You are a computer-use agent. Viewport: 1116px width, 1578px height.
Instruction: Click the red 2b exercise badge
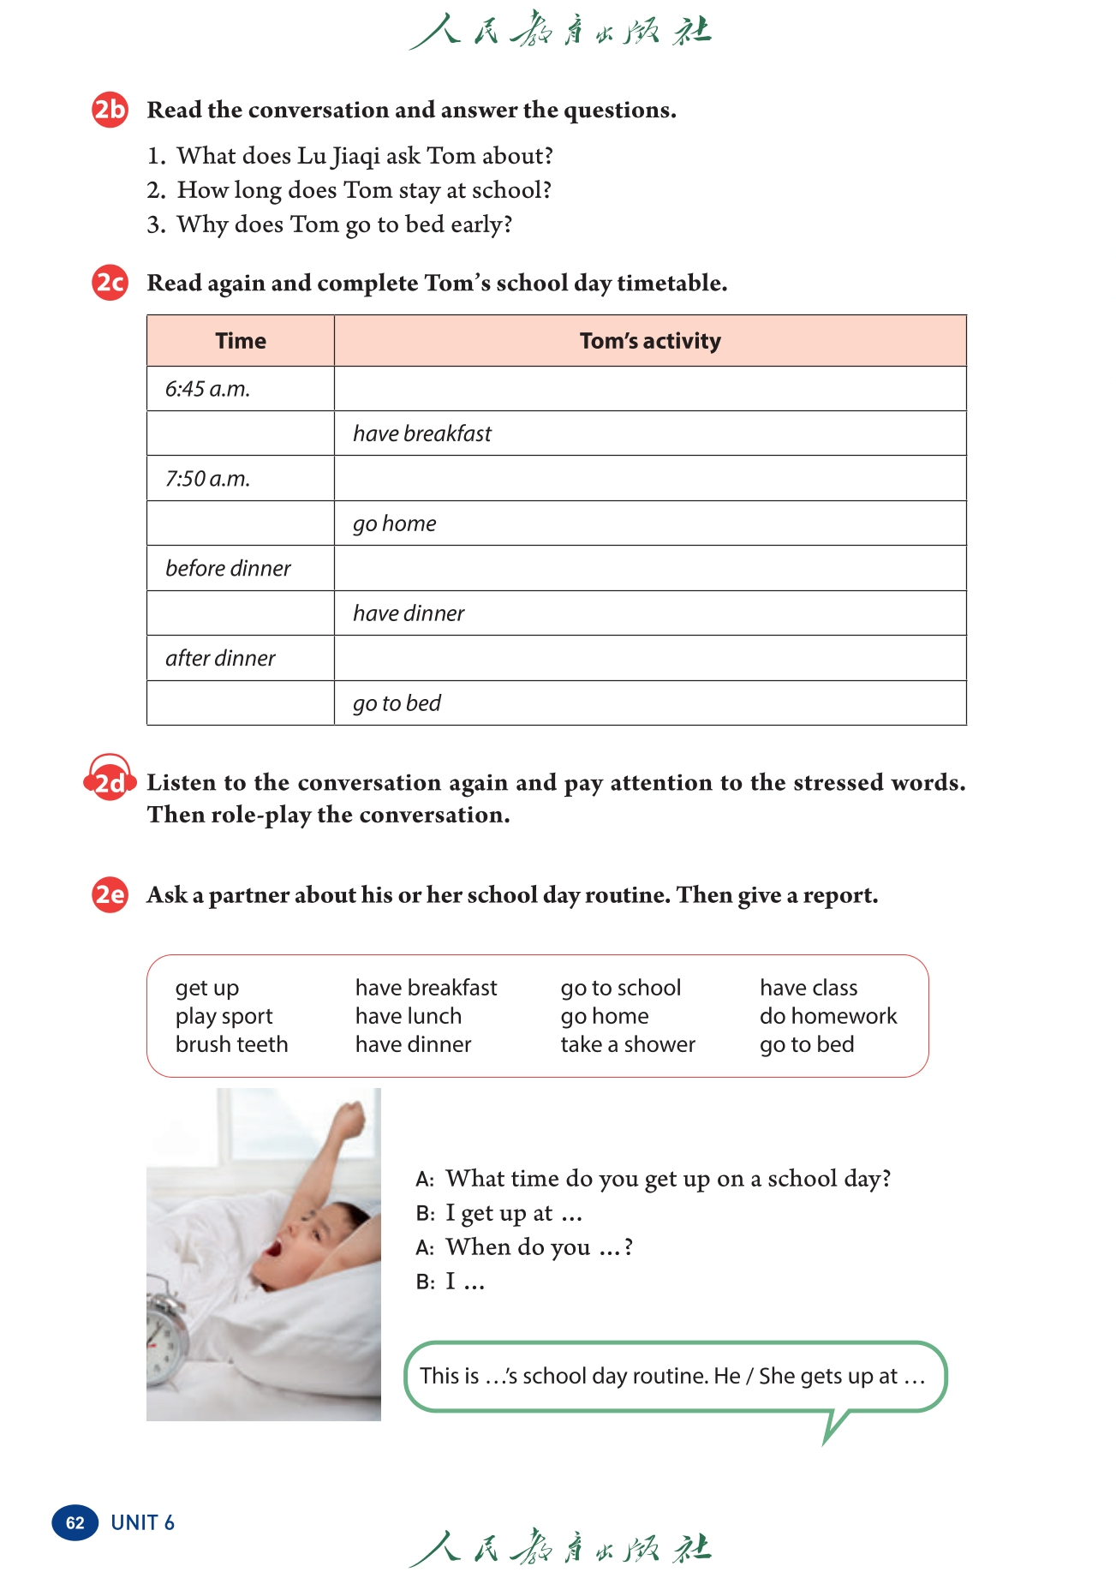point(110,110)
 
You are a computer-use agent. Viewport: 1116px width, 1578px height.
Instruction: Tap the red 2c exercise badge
point(110,283)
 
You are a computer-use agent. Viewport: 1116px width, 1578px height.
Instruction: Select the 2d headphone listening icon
point(110,778)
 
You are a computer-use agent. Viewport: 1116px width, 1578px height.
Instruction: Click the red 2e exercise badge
point(110,895)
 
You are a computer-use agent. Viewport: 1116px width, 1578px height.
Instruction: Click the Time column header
point(241,341)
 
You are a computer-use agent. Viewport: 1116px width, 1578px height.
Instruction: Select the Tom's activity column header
point(650,341)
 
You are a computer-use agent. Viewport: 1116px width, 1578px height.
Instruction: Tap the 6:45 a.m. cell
point(208,389)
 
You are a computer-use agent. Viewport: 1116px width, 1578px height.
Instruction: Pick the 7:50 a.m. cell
point(208,479)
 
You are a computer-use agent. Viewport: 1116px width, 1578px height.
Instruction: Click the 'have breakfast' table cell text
point(422,433)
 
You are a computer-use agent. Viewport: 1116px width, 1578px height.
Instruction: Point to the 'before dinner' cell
point(228,569)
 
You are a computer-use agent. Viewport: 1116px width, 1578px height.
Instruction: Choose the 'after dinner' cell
point(220,659)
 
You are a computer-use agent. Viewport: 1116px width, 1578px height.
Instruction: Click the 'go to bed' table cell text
point(397,703)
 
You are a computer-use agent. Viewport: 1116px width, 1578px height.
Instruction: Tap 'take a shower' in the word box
point(628,1044)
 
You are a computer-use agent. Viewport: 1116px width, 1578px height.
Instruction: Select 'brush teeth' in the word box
point(231,1044)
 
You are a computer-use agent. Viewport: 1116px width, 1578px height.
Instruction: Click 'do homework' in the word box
point(828,1016)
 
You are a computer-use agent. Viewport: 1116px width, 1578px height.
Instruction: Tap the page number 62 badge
point(75,1522)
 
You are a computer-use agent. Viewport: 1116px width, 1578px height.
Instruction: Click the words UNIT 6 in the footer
point(142,1522)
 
